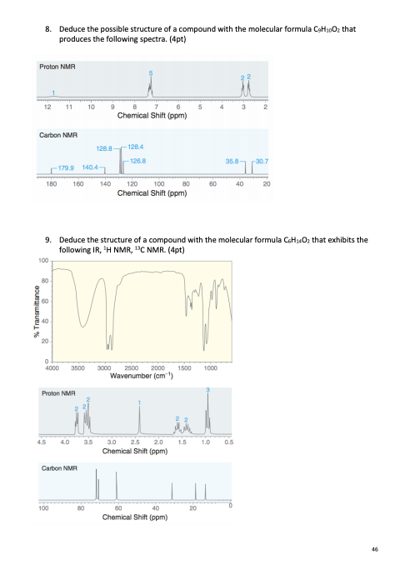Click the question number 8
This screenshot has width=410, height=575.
click(48, 28)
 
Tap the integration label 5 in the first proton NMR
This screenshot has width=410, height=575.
click(151, 73)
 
